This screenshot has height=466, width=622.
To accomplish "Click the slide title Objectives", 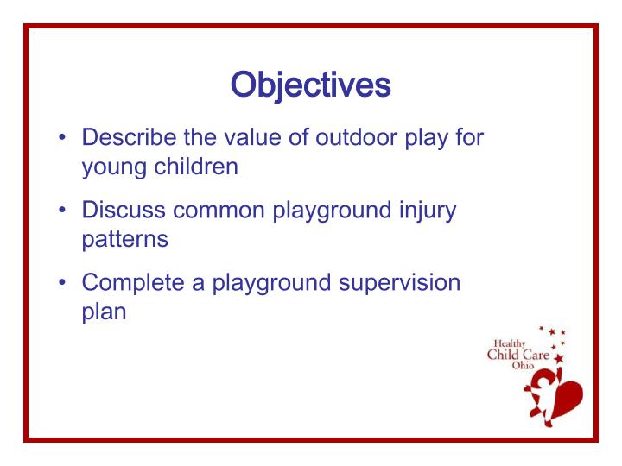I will (310, 85).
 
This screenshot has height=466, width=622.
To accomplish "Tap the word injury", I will (425, 210).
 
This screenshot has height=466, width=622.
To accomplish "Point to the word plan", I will (104, 312).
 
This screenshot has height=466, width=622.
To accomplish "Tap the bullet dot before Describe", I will (65, 138).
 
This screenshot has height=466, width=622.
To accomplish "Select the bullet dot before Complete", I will (65, 282).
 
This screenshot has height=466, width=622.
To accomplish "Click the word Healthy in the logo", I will (509, 343).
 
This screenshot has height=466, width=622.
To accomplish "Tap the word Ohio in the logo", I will (524, 366).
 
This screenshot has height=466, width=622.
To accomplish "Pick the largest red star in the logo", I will (558, 357).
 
